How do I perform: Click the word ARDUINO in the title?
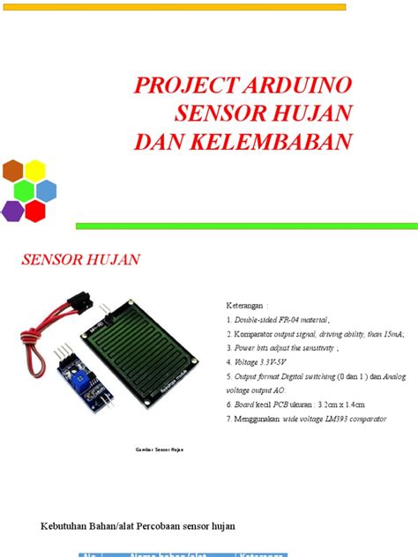click(x=295, y=85)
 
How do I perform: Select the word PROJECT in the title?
click(x=184, y=85)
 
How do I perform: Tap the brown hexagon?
click(x=13, y=170)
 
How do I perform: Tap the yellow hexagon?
click(x=35, y=170)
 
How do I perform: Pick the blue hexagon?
click(x=46, y=190)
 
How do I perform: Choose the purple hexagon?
click(x=13, y=211)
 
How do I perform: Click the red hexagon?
click(x=35, y=211)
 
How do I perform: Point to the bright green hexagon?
click(x=25, y=190)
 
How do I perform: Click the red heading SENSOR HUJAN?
click(x=80, y=260)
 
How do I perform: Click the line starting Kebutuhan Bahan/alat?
click(x=133, y=525)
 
